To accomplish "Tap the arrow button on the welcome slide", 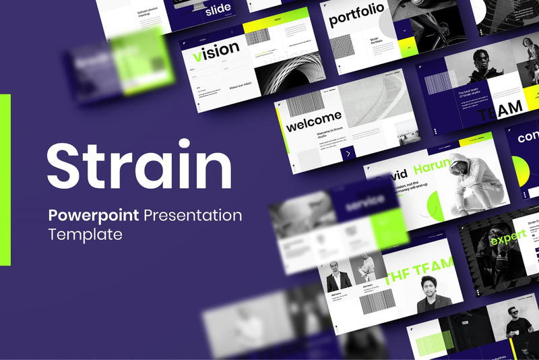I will click(x=348, y=154).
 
